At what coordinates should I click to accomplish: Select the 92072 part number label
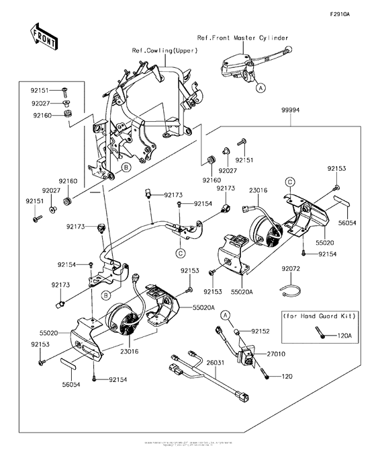click(x=291, y=268)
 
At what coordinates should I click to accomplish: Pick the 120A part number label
click(x=344, y=334)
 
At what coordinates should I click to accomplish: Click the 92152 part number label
click(x=260, y=332)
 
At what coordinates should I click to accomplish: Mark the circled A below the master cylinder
click(x=261, y=87)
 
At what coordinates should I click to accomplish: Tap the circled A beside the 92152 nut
click(x=226, y=315)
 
